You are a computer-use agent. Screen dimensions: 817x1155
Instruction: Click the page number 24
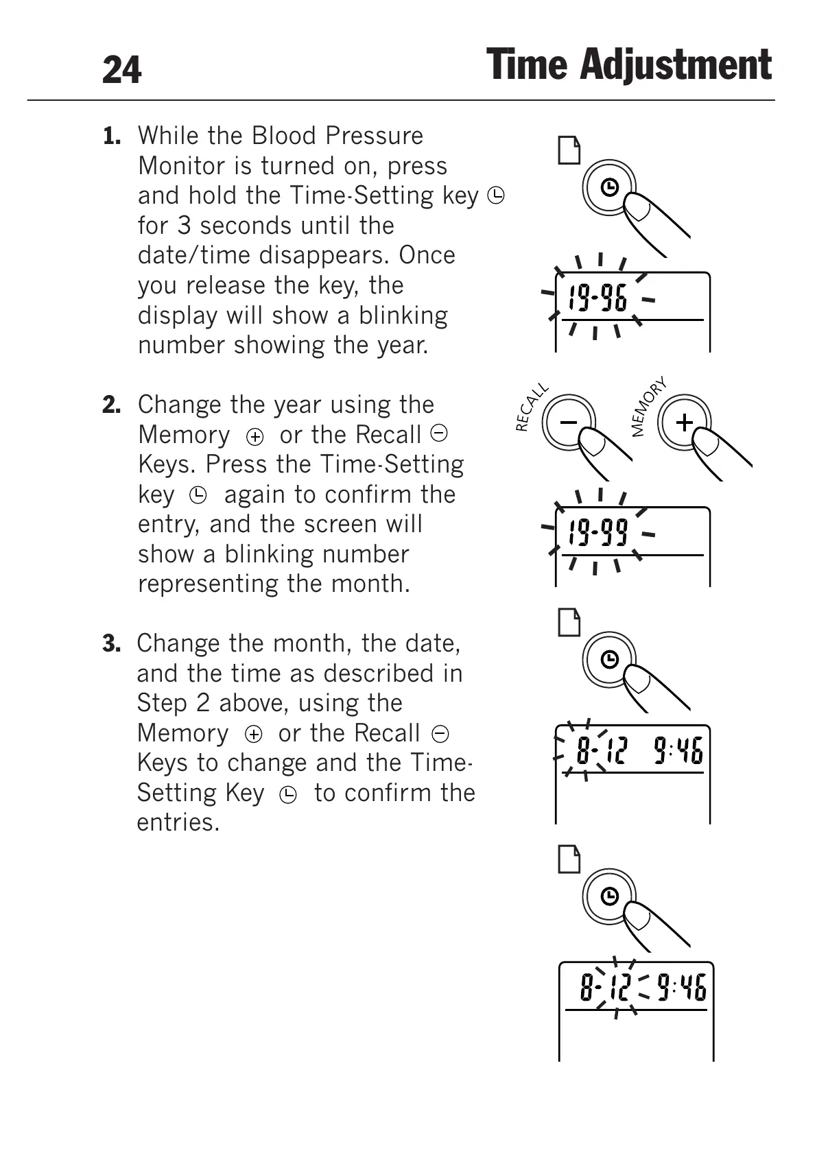121,70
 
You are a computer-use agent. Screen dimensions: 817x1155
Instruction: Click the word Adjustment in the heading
675,66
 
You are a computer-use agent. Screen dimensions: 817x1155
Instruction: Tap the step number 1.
112,136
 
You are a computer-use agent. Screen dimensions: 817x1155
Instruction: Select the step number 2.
112,405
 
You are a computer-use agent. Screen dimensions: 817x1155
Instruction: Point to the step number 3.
112,643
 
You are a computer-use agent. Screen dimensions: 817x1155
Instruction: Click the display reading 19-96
597,298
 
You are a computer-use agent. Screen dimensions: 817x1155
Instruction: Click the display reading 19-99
597,532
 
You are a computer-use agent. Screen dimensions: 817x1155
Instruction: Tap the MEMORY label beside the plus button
648,406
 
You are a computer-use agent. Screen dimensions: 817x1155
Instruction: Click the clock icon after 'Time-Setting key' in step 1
496,196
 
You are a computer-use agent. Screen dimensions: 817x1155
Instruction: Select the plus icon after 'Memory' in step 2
254,437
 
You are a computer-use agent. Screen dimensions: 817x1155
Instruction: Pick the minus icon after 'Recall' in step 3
440,734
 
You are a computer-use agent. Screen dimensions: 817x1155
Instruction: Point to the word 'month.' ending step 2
370,584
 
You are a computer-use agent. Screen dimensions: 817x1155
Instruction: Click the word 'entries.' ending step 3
178,822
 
